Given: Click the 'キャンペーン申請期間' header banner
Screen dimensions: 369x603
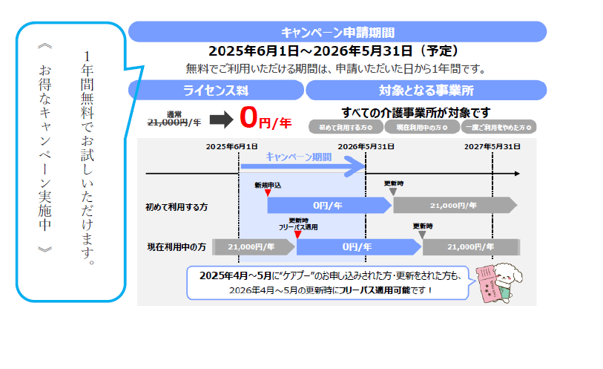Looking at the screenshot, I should [337, 32].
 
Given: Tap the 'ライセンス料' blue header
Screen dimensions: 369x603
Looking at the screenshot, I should [215, 91].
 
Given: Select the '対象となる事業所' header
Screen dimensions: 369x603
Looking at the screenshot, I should [426, 91].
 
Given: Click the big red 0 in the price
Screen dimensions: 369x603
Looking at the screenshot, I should [248, 119].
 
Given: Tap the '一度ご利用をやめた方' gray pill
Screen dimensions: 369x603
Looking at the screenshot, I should [498, 127].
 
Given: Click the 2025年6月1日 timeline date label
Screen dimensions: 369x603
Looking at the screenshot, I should [233, 146].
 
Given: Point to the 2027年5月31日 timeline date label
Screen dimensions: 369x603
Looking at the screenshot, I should [492, 146].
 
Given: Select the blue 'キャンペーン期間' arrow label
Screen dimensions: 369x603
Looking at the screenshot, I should [298, 157].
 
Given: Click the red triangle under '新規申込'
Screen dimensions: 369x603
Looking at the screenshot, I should [268, 193].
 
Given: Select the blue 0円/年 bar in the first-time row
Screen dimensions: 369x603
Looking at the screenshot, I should [326, 206].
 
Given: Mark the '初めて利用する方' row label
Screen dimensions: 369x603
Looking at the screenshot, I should [177, 206].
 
